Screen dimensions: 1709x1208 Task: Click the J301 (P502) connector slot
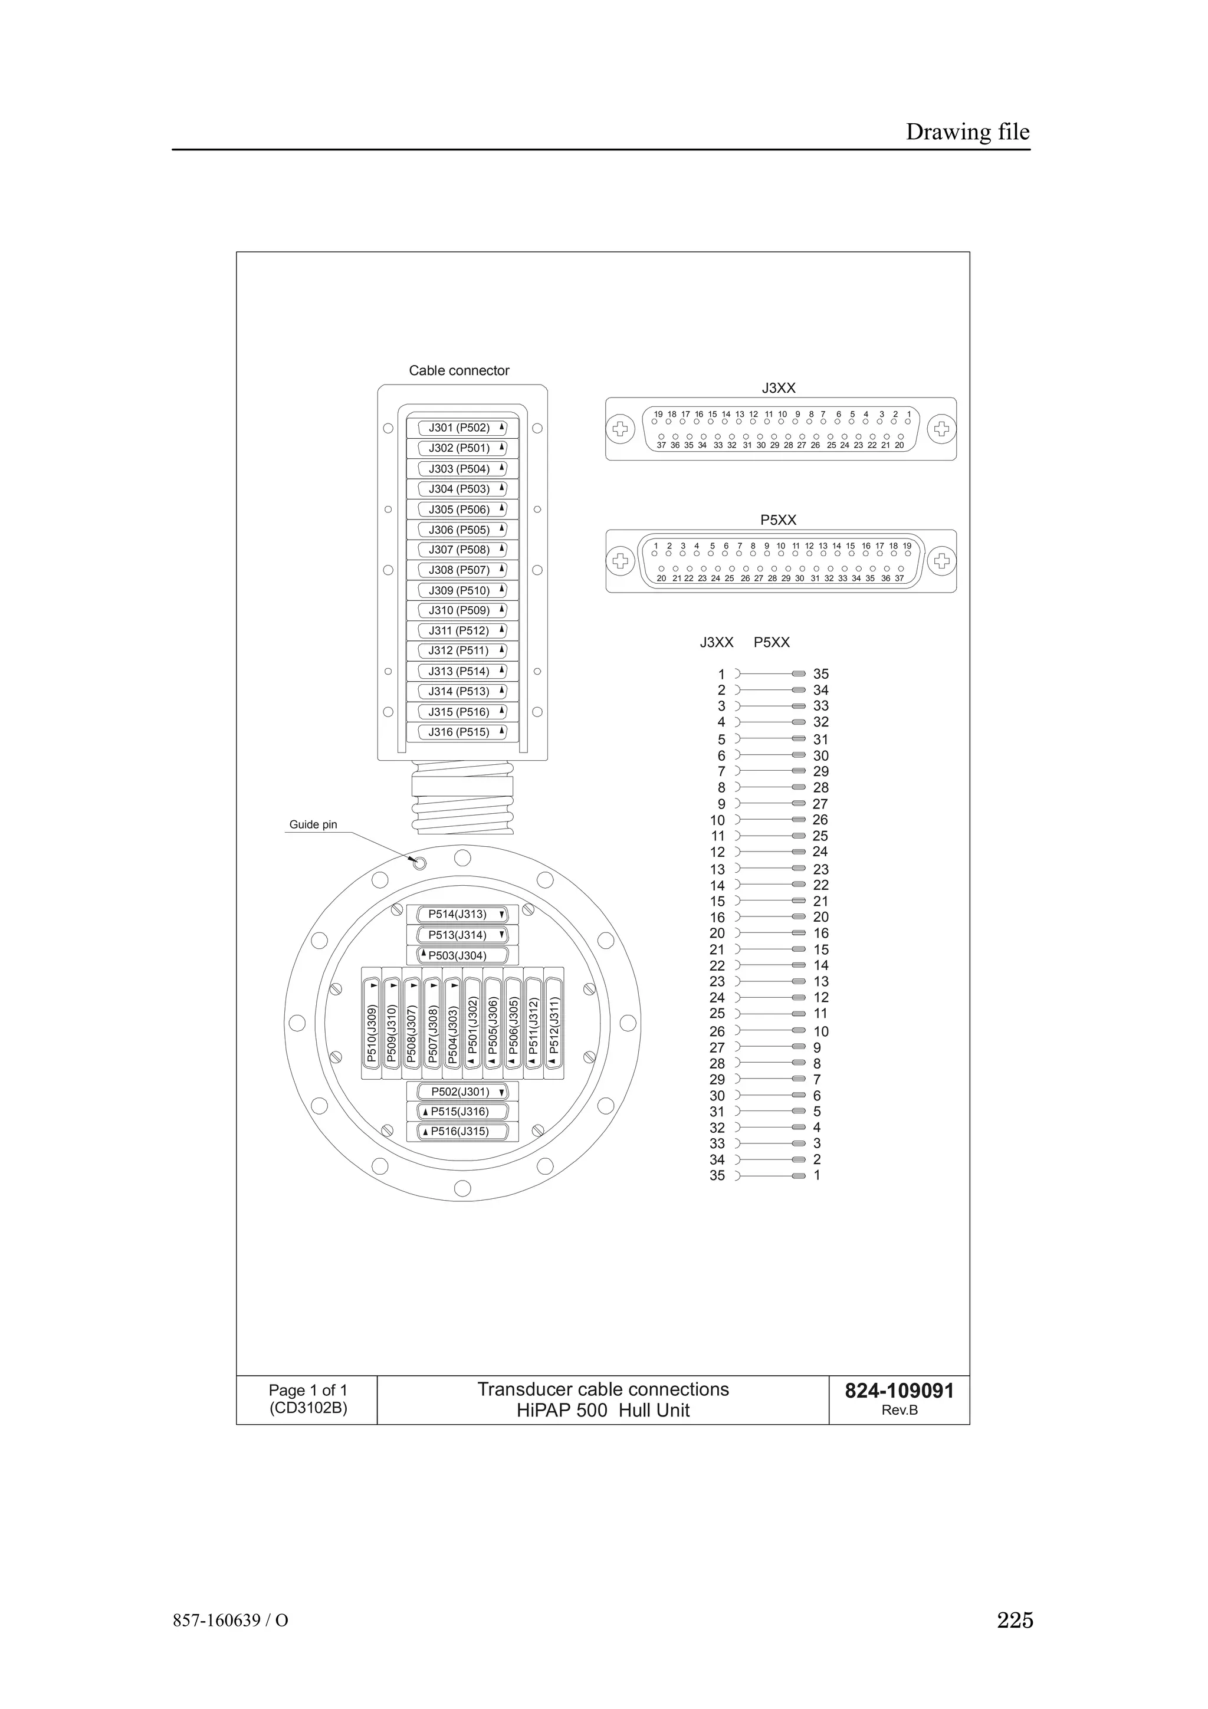[x=461, y=428]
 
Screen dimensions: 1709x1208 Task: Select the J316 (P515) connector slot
[x=461, y=732]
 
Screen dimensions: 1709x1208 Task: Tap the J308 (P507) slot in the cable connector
[x=461, y=570]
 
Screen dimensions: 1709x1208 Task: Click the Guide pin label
[x=313, y=825]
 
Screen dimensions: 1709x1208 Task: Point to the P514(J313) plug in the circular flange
[x=461, y=915]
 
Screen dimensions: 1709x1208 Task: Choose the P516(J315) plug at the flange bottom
[x=461, y=1132]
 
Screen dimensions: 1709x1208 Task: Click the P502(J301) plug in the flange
[x=461, y=1092]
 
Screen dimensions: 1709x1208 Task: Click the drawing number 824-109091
[x=899, y=1391]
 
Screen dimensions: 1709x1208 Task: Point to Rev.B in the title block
[x=899, y=1411]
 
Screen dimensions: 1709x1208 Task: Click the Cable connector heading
[x=459, y=371]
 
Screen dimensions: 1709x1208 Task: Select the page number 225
[x=1015, y=1620]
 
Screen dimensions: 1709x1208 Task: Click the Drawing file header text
[x=967, y=132]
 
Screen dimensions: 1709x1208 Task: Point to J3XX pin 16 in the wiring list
[x=717, y=918]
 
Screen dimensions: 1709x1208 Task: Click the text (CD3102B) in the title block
[x=308, y=1408]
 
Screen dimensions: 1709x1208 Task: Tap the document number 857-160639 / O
[x=231, y=1621]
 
